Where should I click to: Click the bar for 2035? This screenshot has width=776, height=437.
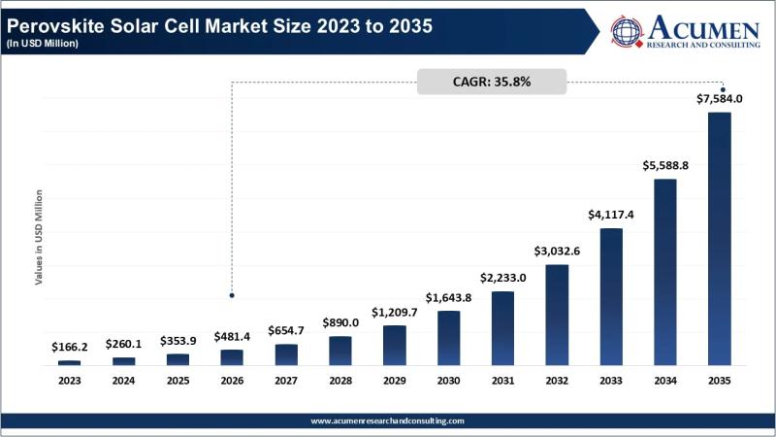coord(719,239)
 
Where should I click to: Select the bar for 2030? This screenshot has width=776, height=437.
coord(448,338)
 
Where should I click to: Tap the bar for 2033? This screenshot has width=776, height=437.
coord(610,297)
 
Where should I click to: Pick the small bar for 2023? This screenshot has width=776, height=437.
coord(70,362)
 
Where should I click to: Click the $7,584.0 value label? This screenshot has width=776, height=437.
coord(719,98)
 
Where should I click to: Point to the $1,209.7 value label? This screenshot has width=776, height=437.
coord(394,313)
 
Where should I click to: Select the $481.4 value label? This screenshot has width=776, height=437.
coord(232,336)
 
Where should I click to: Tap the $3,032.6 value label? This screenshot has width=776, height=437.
coord(557,252)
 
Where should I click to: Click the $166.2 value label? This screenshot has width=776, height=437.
coord(70,347)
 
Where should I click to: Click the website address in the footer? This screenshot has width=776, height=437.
coord(388,420)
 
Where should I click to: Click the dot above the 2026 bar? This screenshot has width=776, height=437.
coord(232,294)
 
